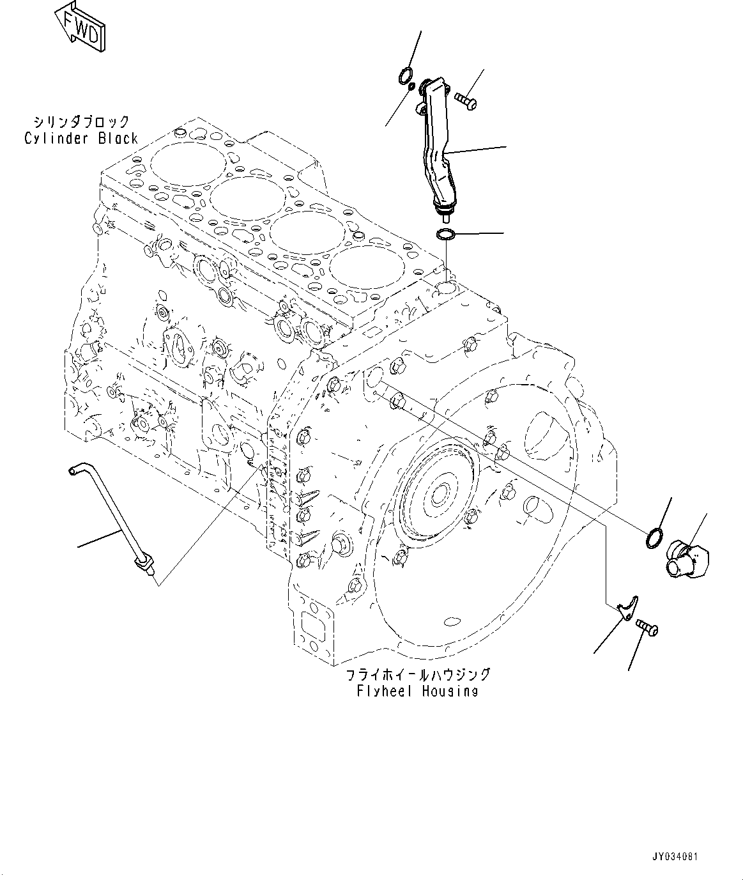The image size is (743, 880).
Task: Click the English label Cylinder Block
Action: [80, 138]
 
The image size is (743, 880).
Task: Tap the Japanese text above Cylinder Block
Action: [82, 121]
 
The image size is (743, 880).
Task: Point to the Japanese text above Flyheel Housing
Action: [418, 674]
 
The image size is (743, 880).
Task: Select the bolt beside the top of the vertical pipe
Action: [466, 100]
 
